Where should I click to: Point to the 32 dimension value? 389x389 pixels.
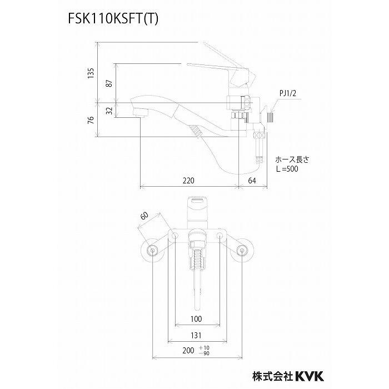coord(110,111)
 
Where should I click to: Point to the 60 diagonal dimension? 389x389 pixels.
coord(146,216)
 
